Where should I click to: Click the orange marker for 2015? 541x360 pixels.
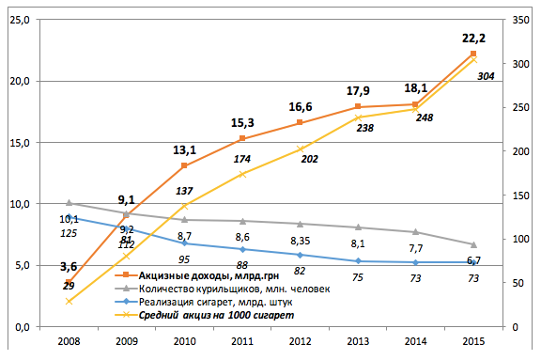tap(473, 54)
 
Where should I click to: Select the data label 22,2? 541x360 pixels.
tap(473, 39)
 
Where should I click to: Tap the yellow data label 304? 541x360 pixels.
tap(486, 76)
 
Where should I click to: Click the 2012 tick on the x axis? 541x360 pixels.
tap(300, 341)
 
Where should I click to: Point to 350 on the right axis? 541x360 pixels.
tap(520, 20)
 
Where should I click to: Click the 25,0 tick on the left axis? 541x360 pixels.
tap(20, 20)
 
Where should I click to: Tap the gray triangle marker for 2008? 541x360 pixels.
tap(69, 203)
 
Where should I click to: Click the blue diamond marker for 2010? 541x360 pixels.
tap(185, 243)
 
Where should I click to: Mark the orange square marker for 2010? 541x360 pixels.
tap(184, 165)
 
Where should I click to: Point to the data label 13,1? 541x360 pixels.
tap(184, 150)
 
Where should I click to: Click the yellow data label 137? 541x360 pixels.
tap(184, 191)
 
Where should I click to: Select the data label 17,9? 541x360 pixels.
tap(358, 91)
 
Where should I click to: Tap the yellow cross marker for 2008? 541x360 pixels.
tap(69, 302)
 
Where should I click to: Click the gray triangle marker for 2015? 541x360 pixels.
tap(473, 244)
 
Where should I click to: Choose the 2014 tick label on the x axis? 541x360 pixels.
tap(415, 341)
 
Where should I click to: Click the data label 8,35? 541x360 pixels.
tap(301, 241)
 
